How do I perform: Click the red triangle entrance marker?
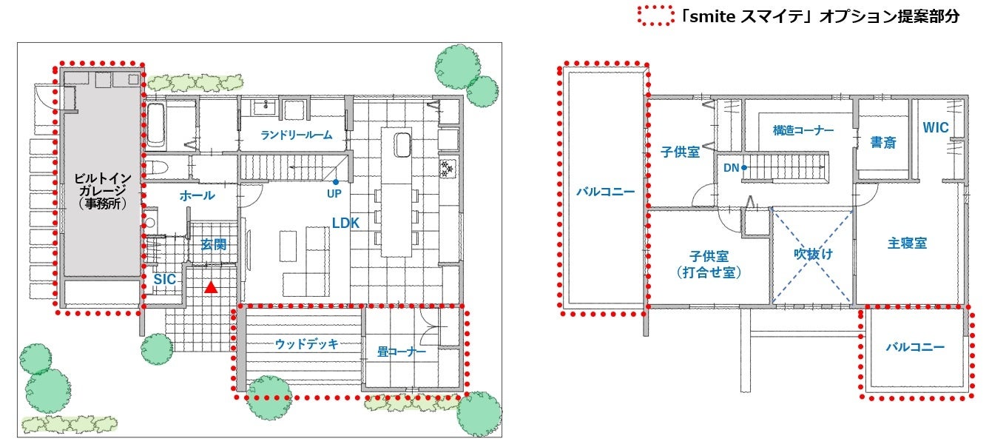pos(211,288)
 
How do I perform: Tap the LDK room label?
pos(345,223)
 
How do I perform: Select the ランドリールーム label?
pos(297,135)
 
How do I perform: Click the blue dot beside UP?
pos(336,182)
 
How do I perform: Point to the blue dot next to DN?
pos(744,168)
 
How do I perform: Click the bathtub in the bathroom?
pos(155,124)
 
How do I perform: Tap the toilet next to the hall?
pos(156,168)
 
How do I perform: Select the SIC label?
pos(165,279)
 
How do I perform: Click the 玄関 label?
pos(214,244)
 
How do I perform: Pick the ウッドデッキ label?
pos(306,343)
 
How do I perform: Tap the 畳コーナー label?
pos(401,352)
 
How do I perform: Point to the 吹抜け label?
pos(813,254)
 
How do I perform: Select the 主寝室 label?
pos(908,243)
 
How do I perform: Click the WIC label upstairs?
pos(936,127)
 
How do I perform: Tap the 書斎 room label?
pos(883,142)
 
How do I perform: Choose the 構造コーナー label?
pos(803,130)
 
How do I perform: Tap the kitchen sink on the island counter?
pos(402,145)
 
